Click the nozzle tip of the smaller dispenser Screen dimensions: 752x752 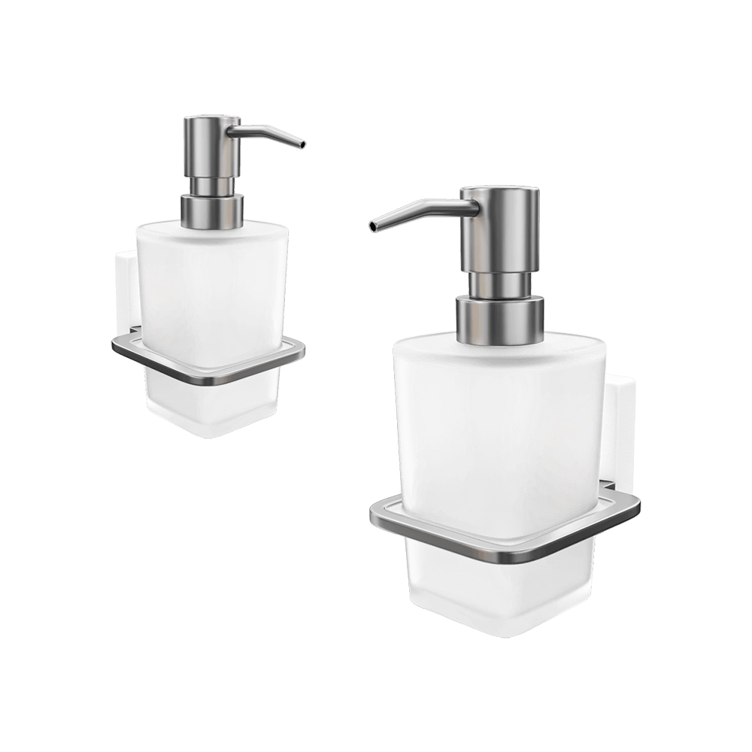point(302,144)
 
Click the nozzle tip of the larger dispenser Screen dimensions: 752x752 point(371,226)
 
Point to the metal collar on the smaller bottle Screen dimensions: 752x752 point(213,210)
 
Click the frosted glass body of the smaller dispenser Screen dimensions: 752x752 point(211,286)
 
